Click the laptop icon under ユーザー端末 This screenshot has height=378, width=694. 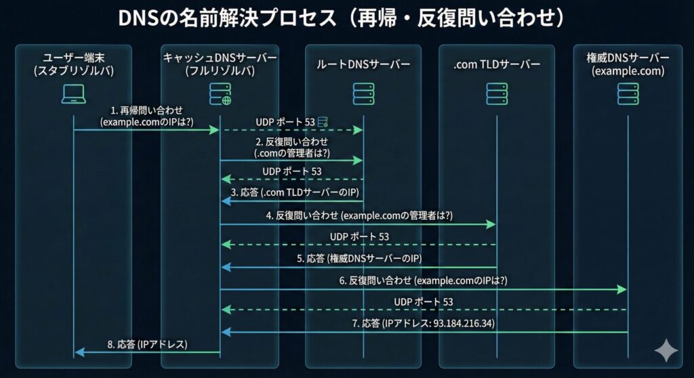click(x=73, y=95)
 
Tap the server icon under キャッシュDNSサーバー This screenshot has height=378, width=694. click(x=220, y=94)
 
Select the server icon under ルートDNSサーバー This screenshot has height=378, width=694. click(x=363, y=94)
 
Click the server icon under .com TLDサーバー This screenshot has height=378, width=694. click(x=496, y=94)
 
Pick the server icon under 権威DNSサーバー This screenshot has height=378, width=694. click(x=628, y=94)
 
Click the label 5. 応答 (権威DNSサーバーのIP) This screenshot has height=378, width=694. click(x=359, y=258)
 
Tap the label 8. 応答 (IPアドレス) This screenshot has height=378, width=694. click(x=147, y=344)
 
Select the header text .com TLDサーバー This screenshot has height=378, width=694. click(x=496, y=64)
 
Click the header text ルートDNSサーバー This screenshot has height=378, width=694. click(x=363, y=64)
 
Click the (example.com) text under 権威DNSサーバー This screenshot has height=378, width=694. click(x=628, y=70)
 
